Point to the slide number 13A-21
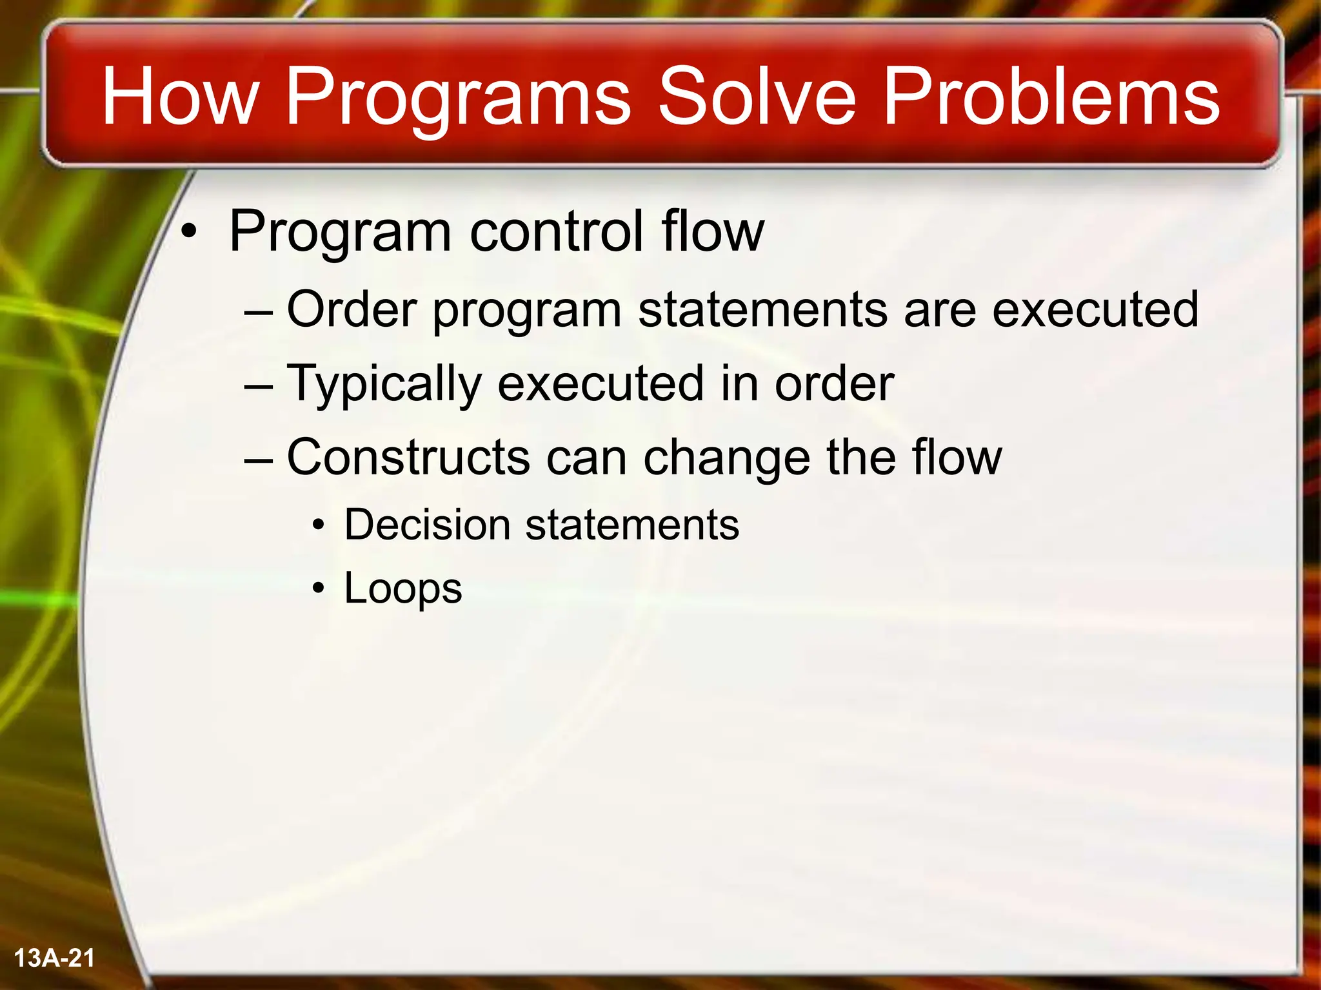[54, 958]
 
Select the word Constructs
[408, 457]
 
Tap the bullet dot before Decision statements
[317, 526]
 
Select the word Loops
[402, 589]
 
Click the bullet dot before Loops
[317, 589]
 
